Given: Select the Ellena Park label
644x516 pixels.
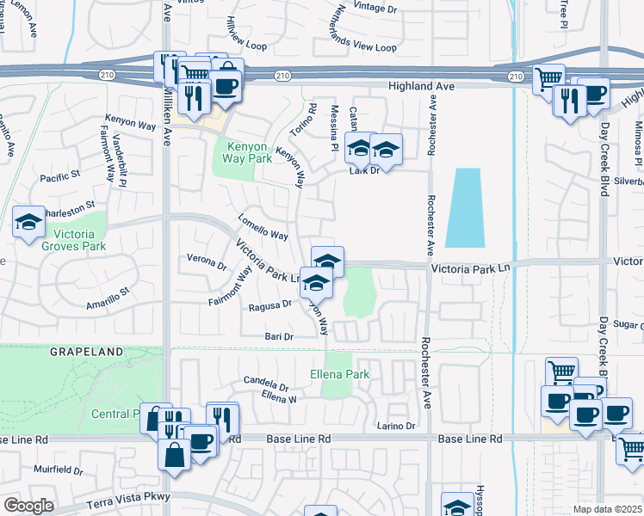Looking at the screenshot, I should [x=339, y=374].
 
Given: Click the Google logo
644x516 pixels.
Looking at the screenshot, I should [x=28, y=506].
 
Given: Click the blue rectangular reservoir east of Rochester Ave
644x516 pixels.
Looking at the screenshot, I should [x=466, y=207].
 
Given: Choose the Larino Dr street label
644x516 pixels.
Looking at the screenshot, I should [x=396, y=426].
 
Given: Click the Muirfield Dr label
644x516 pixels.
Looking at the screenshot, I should [x=58, y=470].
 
